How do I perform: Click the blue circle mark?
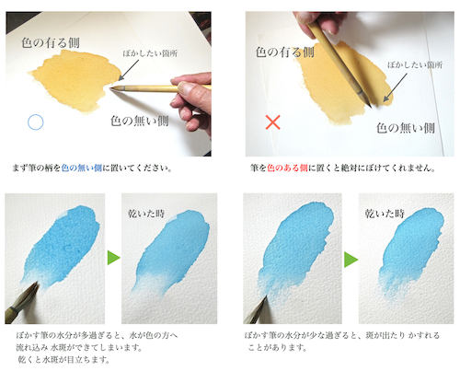(36, 122)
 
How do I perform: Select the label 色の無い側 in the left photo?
(141, 120)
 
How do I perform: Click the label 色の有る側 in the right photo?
(284, 52)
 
